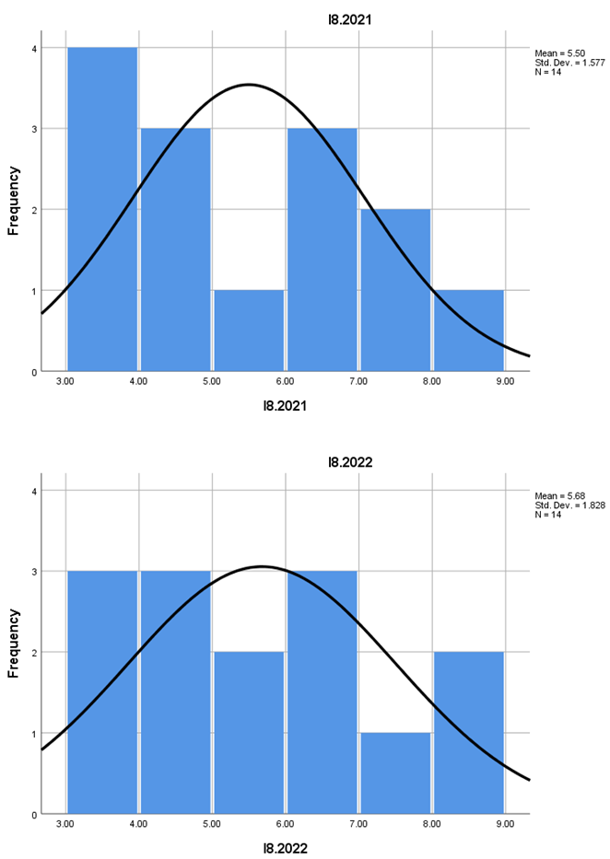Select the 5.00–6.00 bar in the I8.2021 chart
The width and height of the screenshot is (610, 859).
click(249, 331)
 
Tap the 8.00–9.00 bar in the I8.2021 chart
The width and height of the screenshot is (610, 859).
click(468, 331)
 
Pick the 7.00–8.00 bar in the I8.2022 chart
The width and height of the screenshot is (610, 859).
click(395, 773)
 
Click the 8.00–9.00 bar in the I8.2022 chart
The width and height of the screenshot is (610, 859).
click(468, 733)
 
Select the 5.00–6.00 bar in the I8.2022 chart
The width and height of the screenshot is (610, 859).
click(249, 733)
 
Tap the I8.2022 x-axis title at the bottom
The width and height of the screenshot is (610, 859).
click(285, 848)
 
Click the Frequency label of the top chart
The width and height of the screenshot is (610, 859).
click(15, 201)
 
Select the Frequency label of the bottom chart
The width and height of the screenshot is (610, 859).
click(15, 644)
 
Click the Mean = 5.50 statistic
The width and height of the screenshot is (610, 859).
click(560, 53)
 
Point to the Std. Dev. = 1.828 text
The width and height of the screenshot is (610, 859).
click(566, 505)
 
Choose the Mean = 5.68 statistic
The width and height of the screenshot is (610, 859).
click(560, 496)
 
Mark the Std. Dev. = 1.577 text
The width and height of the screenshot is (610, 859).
click(566, 63)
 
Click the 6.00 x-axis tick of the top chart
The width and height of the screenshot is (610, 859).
click(286, 379)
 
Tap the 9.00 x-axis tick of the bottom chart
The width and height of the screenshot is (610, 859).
click(504, 822)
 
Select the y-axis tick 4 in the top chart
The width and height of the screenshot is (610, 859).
click(35, 48)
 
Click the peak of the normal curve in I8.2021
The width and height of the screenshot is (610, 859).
click(249, 85)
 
